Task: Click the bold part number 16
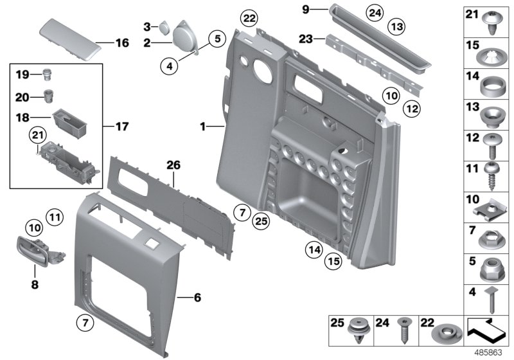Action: (122, 44)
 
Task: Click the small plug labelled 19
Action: (47, 73)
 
